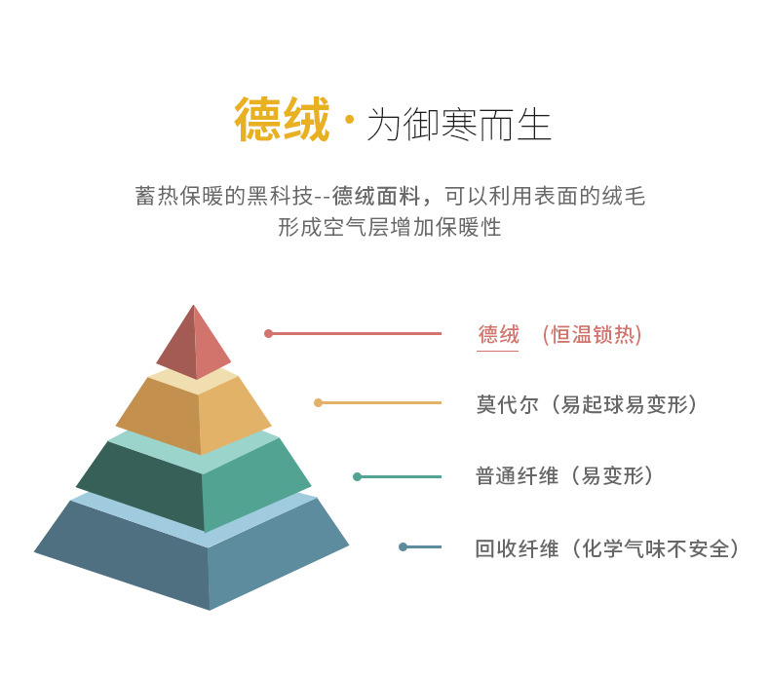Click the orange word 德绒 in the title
(282, 122)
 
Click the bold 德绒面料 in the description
(374, 196)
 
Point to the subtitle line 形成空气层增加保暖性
(389, 228)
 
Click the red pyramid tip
(194, 344)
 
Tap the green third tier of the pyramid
(195, 482)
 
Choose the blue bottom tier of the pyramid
(195, 555)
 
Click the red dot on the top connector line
(268, 333)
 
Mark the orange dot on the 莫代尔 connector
(318, 402)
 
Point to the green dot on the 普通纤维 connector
(357, 476)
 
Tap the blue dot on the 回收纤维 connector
(403, 546)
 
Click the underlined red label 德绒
(498, 335)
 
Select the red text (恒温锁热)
(592, 335)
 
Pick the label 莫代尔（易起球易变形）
(587, 404)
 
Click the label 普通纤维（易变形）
(564, 476)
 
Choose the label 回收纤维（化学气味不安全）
(607, 548)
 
